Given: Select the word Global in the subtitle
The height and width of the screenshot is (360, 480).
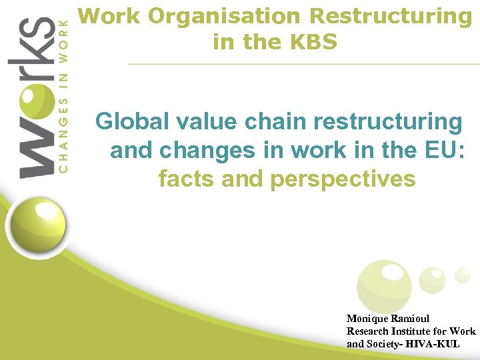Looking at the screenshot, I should [x=131, y=123].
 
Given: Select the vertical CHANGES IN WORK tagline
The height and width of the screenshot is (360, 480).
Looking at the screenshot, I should [x=63, y=96].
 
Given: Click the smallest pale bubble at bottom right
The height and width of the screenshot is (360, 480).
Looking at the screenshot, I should [x=462, y=275].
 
